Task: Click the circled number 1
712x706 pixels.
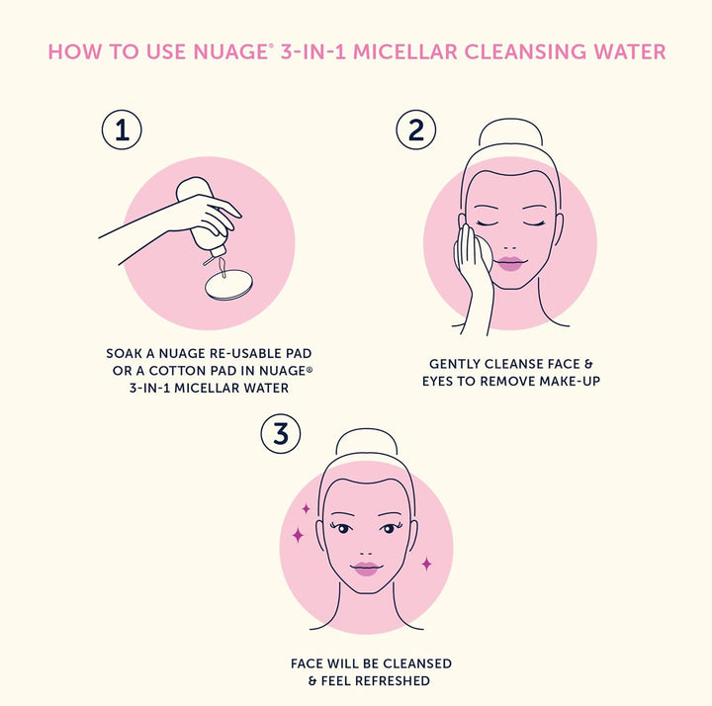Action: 122,130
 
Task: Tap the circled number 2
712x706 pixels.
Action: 416,130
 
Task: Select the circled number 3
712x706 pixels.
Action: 281,434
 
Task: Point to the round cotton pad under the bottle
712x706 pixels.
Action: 228,285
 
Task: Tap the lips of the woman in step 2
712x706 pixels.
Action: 510,263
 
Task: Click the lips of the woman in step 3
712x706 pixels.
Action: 366,569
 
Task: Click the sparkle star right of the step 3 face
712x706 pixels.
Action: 426,565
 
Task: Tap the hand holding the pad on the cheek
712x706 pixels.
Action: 473,272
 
